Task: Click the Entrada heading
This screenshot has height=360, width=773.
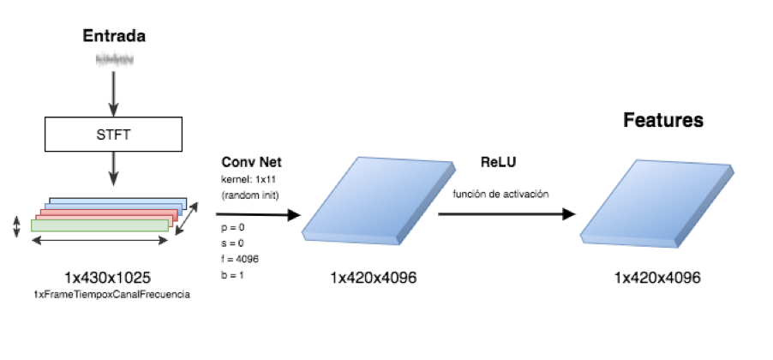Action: coord(114,36)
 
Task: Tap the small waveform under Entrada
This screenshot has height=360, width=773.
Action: coord(114,60)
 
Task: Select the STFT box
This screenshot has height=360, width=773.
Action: coord(113,134)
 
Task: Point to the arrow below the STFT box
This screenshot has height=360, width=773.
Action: coord(113,169)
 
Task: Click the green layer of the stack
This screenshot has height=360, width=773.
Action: coord(99,225)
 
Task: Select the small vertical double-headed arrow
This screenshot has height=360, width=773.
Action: coord(16,227)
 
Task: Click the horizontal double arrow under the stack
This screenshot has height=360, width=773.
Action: coord(99,241)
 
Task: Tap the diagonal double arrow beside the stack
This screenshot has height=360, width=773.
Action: coord(187,218)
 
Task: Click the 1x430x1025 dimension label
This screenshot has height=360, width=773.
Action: coord(107,278)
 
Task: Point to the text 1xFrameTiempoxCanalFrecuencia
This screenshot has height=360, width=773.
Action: coord(111,294)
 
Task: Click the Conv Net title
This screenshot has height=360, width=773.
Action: coord(251,162)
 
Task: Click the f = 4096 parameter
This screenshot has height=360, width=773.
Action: coord(240,259)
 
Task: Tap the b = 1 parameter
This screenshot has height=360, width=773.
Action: coord(233,274)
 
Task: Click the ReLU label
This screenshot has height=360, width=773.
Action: coord(498,162)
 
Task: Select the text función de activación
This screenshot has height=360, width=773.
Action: coord(500,195)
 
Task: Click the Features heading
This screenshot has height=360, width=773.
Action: coord(663,120)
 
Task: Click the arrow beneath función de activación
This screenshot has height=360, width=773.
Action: coord(506,214)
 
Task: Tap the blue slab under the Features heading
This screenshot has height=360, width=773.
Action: coord(656,203)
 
